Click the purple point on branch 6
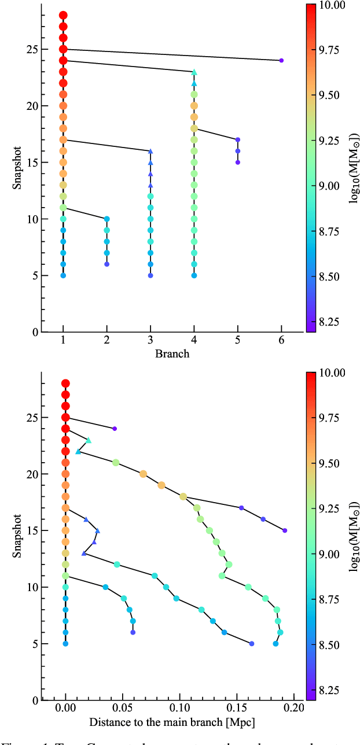281,60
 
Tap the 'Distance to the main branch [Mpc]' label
172,722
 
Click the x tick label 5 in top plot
237,343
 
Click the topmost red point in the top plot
63,15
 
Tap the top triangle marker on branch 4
194,72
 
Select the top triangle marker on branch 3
150,151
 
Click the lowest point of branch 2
106,264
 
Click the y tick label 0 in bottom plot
36,700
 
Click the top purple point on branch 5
237,140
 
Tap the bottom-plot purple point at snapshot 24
115,429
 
